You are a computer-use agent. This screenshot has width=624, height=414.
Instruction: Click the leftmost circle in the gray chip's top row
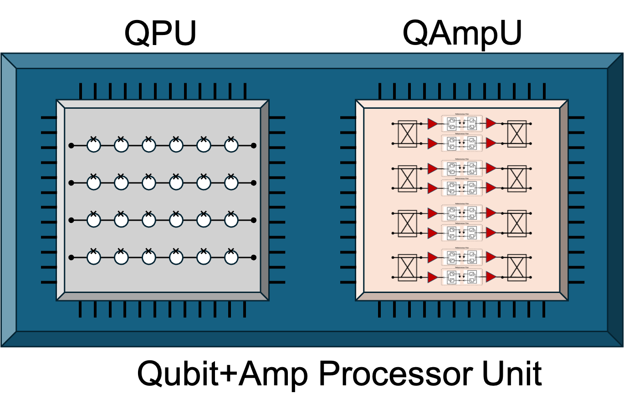[94, 146]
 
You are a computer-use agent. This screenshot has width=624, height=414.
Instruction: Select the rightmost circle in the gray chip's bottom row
[231, 257]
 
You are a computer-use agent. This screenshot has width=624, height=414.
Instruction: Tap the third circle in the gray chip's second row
[149, 183]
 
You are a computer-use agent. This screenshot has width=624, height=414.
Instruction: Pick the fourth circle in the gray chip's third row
[176, 220]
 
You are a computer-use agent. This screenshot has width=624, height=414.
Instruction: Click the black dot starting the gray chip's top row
[71, 146]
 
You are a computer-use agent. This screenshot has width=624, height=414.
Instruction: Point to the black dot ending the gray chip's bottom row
[254, 257]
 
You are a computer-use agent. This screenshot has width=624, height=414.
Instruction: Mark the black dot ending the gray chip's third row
[254, 220]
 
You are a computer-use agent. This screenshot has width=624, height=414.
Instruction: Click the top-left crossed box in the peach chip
[407, 134]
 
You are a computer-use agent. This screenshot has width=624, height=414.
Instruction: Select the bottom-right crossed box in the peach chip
[517, 268]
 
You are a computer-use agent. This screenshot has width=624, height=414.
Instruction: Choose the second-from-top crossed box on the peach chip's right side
[517, 178]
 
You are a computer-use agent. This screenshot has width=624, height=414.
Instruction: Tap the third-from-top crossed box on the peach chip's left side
[407, 223]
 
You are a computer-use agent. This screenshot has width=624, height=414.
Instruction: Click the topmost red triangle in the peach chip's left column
[432, 124]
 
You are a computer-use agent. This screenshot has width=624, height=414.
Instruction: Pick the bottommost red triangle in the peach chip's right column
[491, 277]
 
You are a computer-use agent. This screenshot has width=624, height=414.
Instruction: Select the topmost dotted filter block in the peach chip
[462, 123]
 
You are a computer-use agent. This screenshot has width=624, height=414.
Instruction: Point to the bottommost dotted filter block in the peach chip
[462, 277]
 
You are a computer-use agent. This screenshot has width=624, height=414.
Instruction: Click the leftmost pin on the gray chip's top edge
[81, 91]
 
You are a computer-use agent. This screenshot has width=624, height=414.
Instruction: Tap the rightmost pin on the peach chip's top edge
[544, 91]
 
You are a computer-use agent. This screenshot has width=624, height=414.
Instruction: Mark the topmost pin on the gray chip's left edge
[49, 117]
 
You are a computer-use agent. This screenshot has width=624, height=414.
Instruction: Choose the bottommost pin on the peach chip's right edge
[576, 282]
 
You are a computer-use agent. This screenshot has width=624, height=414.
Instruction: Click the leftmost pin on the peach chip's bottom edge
[379, 309]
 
